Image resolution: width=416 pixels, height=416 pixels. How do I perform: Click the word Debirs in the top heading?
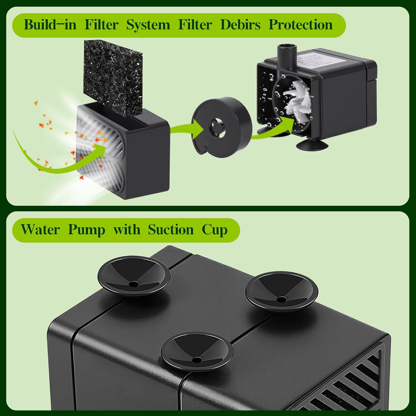pyautogui.click(x=240, y=25)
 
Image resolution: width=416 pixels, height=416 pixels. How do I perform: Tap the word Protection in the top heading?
pyautogui.click(x=301, y=25)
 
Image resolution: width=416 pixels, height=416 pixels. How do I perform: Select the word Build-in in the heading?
pyautogui.click(x=50, y=25)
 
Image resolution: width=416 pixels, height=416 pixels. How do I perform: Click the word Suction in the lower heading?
pyautogui.click(x=171, y=230)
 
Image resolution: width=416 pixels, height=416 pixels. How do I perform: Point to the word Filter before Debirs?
pyautogui.click(x=195, y=25)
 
